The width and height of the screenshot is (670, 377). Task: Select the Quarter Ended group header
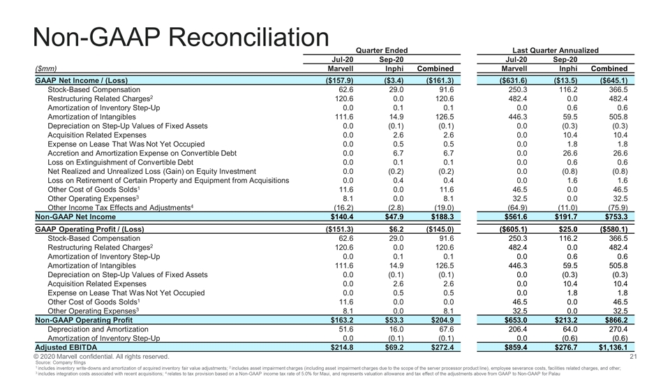[x=382, y=50]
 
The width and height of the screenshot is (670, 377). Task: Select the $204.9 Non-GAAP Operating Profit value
[x=440, y=318]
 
